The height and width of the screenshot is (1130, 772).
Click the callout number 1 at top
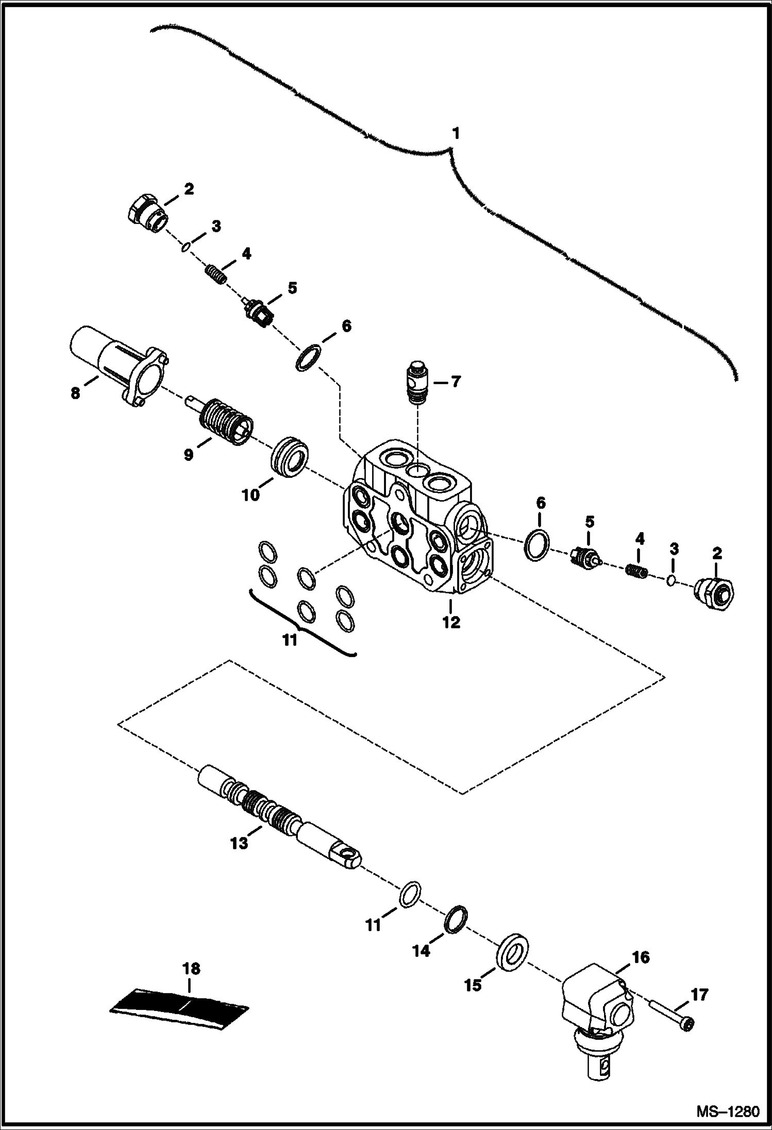pyautogui.click(x=455, y=134)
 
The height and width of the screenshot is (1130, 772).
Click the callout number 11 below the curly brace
pyautogui.click(x=290, y=640)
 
